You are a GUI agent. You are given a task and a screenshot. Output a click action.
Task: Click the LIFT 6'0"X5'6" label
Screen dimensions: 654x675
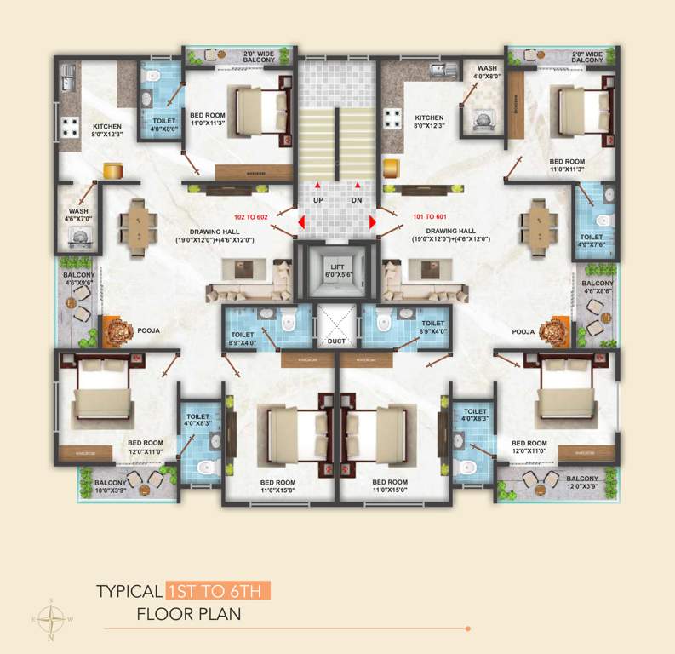[x=337, y=272]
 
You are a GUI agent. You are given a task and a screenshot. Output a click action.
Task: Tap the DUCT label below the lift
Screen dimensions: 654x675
[x=337, y=341]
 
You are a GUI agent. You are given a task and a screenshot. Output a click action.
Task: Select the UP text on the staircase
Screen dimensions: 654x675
[x=317, y=199]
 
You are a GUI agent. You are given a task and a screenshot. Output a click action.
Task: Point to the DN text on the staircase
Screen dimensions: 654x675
[x=358, y=199]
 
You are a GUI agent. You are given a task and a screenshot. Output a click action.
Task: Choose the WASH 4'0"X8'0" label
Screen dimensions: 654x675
[x=487, y=72]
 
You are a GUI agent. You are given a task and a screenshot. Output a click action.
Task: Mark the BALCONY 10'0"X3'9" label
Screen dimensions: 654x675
[x=112, y=486]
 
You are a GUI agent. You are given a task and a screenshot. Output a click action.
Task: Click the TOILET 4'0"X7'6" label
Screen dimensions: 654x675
[x=591, y=241]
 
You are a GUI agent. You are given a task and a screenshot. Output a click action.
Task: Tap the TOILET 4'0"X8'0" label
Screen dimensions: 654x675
[x=164, y=125]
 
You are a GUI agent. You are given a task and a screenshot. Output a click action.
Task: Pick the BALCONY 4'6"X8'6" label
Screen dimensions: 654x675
[x=598, y=287]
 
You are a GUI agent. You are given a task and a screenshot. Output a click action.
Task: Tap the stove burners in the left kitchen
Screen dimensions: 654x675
[x=68, y=126]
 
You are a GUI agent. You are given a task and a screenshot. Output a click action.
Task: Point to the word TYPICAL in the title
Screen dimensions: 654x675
[x=129, y=590]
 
